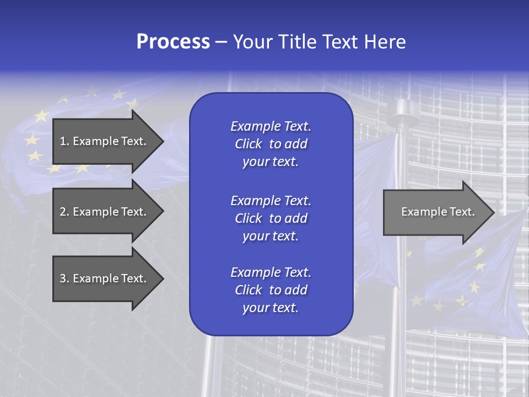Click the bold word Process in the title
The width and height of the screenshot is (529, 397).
click(x=173, y=42)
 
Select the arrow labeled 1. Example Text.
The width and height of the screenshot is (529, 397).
click(x=103, y=141)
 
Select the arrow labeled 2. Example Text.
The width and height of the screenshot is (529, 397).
click(x=103, y=212)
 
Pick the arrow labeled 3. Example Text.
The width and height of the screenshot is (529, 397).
click(x=103, y=278)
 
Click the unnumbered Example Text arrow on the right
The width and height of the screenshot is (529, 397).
click(x=438, y=212)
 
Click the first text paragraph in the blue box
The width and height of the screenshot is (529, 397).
click(x=271, y=144)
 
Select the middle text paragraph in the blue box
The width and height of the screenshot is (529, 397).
click(x=271, y=218)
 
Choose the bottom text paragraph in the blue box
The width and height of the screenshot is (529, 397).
click(x=271, y=290)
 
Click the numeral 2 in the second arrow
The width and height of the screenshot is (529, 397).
click(x=62, y=212)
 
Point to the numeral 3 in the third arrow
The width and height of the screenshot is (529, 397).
click(x=62, y=278)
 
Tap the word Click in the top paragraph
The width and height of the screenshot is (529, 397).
click(x=248, y=144)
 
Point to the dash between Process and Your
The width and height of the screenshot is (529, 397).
click(x=221, y=42)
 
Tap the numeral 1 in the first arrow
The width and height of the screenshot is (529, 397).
click(x=62, y=141)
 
